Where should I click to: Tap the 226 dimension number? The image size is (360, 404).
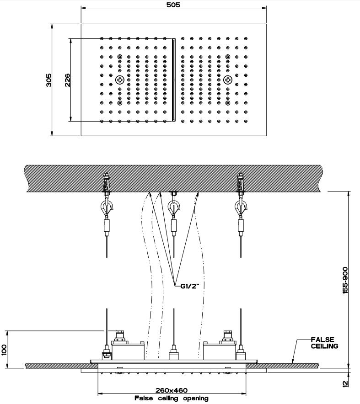pyautogui.click(x=67, y=80)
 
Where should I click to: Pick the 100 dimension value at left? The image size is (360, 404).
pyautogui.click(x=5, y=349)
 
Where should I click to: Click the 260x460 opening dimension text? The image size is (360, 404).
pyautogui.click(x=172, y=390)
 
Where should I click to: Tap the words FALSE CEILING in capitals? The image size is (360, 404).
pyautogui.click(x=324, y=343)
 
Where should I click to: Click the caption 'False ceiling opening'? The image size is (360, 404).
pyautogui.click(x=172, y=399)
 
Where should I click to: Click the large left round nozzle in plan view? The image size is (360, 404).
pyautogui.click(x=120, y=80)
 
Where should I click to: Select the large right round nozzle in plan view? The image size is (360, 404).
pyautogui.click(x=227, y=80)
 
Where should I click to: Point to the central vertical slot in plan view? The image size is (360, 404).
pyautogui.click(x=173, y=80)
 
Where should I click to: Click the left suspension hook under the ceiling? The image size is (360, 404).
pyautogui.click(x=107, y=208)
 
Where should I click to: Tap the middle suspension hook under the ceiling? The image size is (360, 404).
pyautogui.click(x=173, y=208)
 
